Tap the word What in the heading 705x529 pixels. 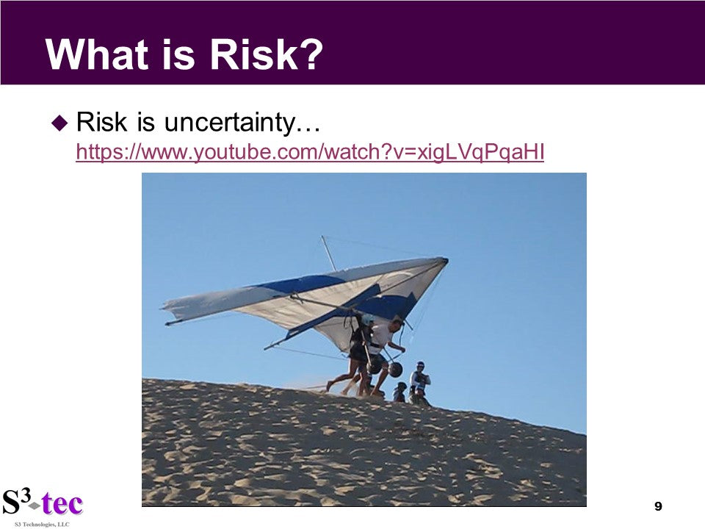[97, 54]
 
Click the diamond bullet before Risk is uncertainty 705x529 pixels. [59, 123]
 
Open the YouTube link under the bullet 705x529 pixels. [310, 153]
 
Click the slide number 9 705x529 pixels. [658, 506]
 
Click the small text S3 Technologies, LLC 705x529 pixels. [43, 525]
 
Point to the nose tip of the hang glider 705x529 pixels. [446, 259]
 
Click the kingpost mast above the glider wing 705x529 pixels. [328, 253]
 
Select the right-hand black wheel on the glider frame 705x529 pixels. [395, 370]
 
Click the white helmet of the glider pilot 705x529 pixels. [367, 320]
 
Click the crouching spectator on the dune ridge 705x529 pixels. [399, 392]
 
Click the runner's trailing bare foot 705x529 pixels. [330, 386]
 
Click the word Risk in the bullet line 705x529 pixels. [101, 122]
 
